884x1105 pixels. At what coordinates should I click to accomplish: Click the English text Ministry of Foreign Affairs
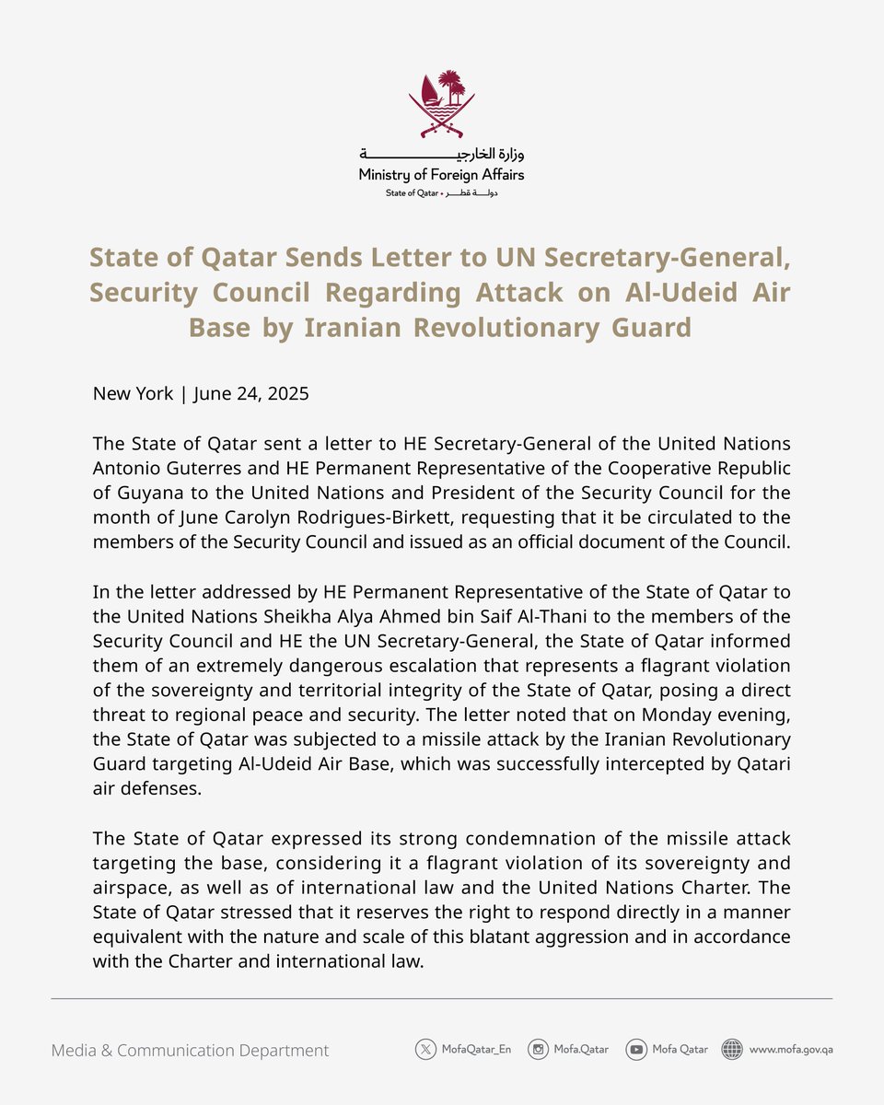442,174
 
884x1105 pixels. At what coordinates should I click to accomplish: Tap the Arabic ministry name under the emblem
442,154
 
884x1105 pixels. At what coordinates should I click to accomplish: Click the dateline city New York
133,394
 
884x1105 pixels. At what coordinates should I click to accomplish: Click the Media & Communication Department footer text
190,1050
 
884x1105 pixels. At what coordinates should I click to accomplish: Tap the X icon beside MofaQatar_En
425,1049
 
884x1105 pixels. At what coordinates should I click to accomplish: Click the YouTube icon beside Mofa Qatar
635,1049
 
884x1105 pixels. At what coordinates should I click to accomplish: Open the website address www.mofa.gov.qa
791,1049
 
